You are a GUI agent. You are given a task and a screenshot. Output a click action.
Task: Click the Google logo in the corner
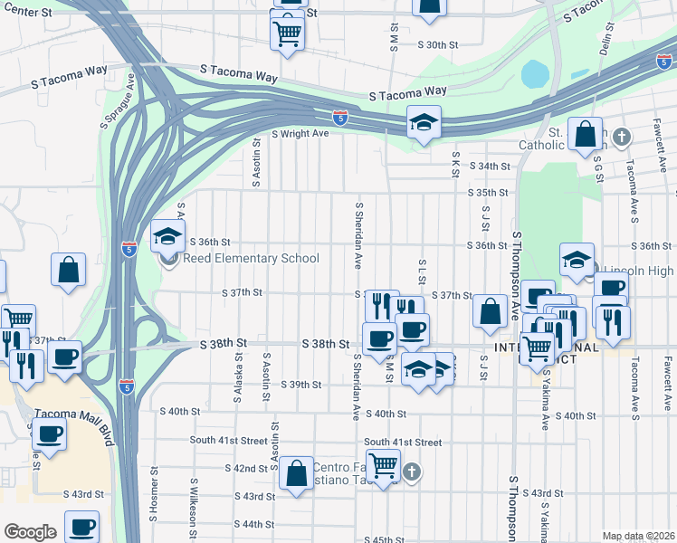point(30,532)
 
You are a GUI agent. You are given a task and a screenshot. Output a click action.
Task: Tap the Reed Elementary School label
point(251,259)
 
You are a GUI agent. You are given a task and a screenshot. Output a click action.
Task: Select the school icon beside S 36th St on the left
point(167,237)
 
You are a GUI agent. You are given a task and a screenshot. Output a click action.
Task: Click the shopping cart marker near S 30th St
point(287,33)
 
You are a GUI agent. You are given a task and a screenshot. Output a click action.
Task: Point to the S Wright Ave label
point(300,133)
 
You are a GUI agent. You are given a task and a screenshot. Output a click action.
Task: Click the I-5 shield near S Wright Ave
point(339,118)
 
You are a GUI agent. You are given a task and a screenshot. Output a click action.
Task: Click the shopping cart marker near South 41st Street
point(384,466)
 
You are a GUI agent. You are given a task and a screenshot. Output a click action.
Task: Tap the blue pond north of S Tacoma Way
point(535,72)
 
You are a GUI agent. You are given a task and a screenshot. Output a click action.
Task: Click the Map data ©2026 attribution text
point(638,536)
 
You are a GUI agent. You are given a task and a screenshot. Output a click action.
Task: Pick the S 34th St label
point(489,167)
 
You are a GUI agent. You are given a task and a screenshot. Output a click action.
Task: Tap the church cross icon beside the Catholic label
point(620,137)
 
